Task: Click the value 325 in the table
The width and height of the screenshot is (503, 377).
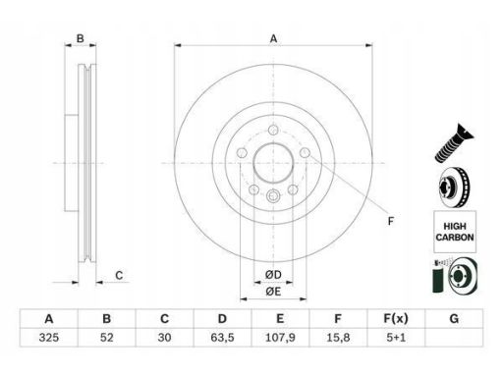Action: (x=49, y=338)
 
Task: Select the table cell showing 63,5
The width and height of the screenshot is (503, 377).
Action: (x=222, y=338)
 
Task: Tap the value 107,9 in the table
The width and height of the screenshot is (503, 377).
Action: (x=280, y=338)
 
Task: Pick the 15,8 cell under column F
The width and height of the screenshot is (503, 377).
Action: (x=338, y=338)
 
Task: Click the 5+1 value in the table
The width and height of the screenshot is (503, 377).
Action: (x=396, y=338)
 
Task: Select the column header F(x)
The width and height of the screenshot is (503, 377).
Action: (x=396, y=318)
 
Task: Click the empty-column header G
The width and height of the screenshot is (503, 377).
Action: (x=454, y=318)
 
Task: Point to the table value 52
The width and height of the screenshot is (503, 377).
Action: (x=107, y=338)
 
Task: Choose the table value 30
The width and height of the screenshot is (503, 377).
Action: (x=164, y=338)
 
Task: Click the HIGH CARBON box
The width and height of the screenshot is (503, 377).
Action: (x=455, y=232)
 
